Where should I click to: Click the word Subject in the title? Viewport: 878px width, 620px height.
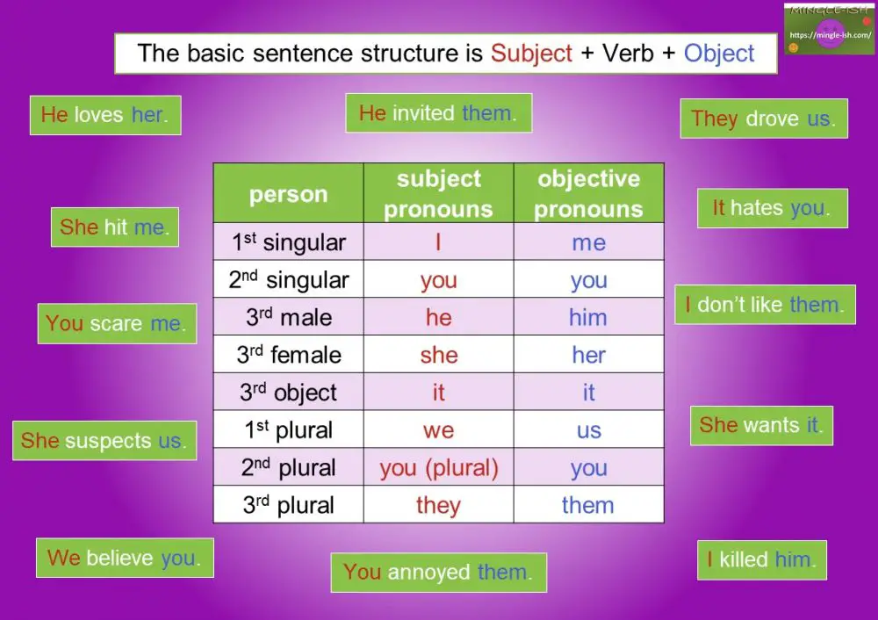click(530, 54)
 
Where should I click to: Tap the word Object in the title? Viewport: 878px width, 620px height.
click(719, 54)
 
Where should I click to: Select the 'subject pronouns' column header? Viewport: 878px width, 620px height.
click(438, 193)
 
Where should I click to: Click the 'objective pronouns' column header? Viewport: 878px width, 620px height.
click(588, 193)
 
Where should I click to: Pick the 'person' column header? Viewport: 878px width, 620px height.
click(288, 194)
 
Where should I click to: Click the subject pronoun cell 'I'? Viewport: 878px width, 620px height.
click(438, 242)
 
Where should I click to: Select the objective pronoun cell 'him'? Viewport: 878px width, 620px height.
click(588, 317)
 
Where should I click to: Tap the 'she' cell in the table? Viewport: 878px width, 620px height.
click(438, 355)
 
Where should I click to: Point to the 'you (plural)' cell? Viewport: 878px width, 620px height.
click(438, 468)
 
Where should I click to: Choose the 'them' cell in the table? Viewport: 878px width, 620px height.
click(588, 505)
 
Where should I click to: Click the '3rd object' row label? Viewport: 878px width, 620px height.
click(288, 393)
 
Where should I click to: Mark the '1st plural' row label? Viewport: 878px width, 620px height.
click(288, 430)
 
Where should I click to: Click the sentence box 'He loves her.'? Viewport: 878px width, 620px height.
click(105, 115)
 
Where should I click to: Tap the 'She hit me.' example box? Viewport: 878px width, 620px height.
click(115, 227)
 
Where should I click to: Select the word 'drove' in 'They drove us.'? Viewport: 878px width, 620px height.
click(773, 119)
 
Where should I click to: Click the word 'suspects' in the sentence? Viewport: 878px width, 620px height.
click(109, 441)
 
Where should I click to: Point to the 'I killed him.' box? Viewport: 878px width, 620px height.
click(761, 560)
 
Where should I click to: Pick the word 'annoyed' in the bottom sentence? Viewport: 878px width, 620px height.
click(429, 573)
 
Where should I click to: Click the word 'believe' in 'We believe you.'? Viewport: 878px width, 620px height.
click(120, 558)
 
